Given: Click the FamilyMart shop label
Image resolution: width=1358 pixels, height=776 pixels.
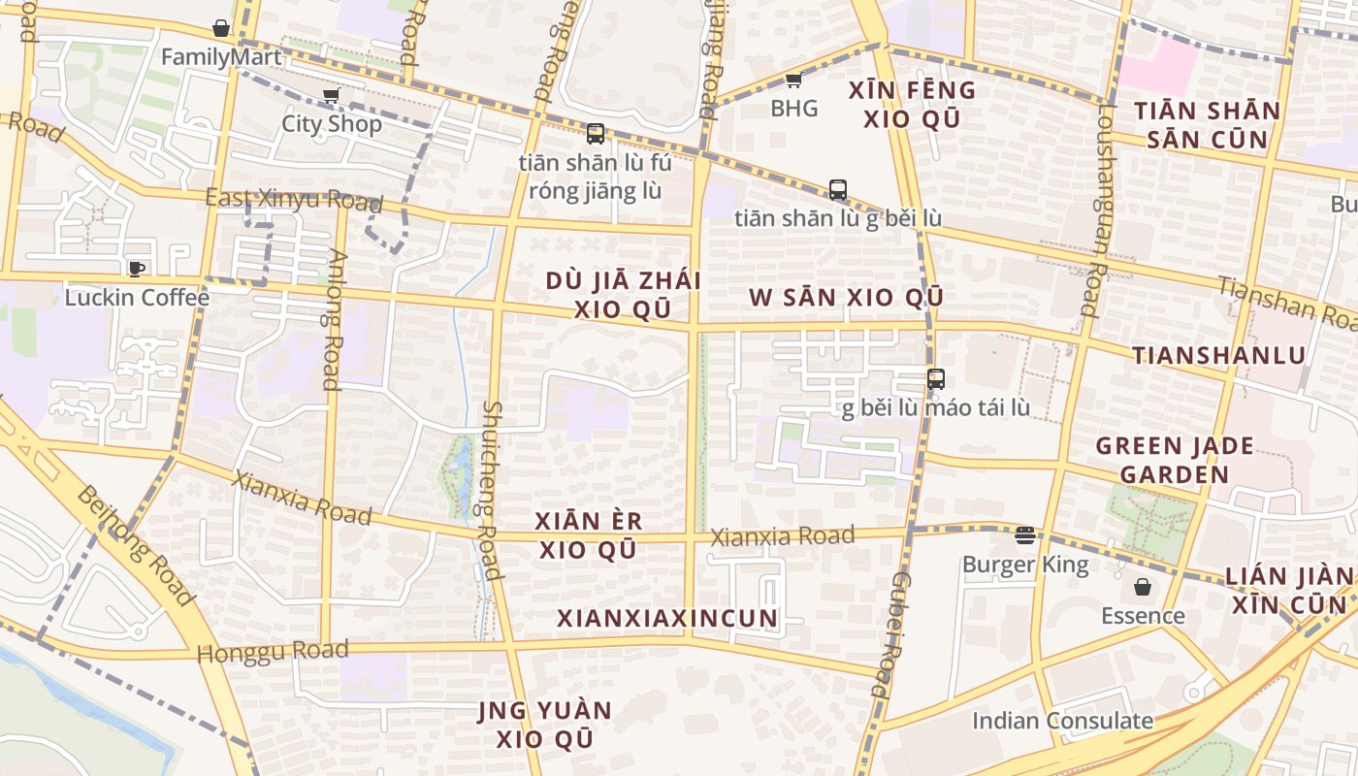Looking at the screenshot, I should tap(221, 57).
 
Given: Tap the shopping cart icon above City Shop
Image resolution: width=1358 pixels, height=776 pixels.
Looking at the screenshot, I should tap(332, 95).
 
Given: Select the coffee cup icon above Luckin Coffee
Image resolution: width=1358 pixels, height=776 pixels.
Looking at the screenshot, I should tap(136, 269).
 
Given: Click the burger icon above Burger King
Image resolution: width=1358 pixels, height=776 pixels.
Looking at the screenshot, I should tap(1025, 535).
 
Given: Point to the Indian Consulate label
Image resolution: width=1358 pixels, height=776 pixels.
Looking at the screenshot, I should tap(1062, 721).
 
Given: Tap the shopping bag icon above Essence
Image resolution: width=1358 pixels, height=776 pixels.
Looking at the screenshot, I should tap(1143, 587).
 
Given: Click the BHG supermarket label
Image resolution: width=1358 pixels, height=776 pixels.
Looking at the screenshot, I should tap(794, 108).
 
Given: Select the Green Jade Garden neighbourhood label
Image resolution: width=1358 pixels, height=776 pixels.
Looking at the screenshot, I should tap(1174, 461).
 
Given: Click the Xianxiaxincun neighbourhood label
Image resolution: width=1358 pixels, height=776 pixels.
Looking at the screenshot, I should tap(667, 618).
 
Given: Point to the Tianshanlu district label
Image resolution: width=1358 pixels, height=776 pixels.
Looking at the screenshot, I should tap(1219, 355).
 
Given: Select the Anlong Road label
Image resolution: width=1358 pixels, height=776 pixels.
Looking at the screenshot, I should tap(333, 320).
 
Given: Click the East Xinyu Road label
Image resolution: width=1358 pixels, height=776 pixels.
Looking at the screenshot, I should tap(293, 200).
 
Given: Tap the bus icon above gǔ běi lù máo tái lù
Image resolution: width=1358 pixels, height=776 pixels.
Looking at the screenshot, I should tap(936, 379).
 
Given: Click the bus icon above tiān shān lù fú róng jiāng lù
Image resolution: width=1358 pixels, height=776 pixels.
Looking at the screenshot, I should tap(596, 134).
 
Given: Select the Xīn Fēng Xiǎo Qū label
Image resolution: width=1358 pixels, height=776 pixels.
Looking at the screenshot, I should tap(912, 104).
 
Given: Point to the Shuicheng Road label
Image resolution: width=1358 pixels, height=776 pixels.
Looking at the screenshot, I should tap(491, 490).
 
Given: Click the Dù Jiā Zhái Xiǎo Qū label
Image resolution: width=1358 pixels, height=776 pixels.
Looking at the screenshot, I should tap(622, 295).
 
